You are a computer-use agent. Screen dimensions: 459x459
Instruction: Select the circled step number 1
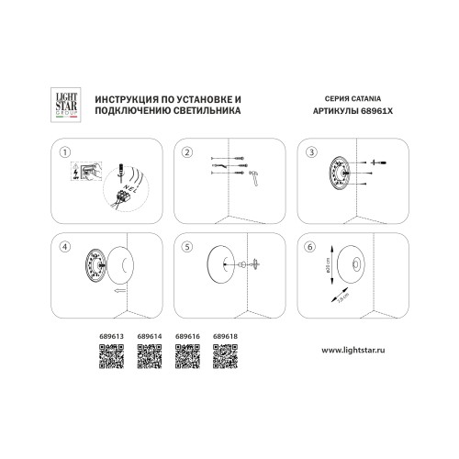[64, 151]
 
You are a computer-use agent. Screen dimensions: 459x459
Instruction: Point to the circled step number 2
[186, 151]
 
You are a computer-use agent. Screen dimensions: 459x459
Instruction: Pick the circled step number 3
[310, 151]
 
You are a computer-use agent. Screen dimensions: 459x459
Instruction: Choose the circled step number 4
[64, 246]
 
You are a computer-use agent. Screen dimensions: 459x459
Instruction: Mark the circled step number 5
[186, 246]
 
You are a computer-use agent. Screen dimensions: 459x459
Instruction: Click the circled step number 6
[310, 246]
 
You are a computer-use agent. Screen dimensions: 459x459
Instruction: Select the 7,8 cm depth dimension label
[339, 299]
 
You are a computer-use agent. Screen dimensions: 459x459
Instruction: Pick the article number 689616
[186, 336]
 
